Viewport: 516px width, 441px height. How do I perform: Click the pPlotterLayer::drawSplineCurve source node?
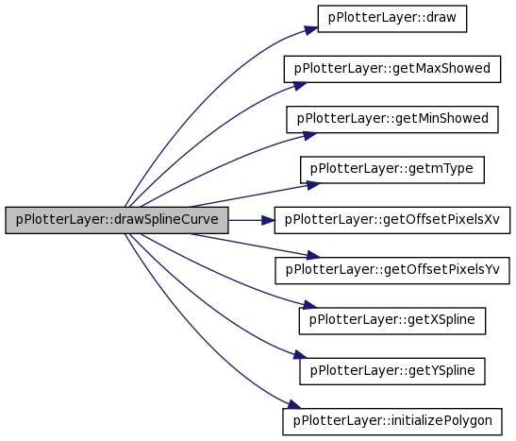117,220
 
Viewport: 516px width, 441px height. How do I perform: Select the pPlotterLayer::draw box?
391,19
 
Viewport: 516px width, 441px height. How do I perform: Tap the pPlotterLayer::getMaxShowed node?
392,69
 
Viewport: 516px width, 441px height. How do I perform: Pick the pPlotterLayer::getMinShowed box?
392,120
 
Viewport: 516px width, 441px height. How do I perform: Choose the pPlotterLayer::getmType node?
391,170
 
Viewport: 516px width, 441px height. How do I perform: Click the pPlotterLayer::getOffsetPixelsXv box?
392,220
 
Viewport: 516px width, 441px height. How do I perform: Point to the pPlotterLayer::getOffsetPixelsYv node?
392,271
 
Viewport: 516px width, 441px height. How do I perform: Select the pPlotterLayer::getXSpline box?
391,321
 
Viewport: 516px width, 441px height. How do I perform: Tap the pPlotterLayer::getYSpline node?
391,371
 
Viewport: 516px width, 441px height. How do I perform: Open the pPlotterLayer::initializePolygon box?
392,422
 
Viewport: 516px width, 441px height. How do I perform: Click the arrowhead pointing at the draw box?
311,30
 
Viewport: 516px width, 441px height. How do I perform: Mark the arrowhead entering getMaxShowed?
300,86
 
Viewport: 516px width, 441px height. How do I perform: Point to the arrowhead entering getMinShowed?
310,135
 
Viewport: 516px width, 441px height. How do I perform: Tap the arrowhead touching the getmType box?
313,185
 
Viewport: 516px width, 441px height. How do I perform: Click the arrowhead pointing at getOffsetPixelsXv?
268,220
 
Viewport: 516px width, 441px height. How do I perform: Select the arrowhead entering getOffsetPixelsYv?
313,255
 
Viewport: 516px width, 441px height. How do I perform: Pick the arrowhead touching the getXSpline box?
310,305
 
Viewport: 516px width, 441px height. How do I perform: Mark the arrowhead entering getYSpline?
300,355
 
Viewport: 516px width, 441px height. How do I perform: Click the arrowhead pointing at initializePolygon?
294,405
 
